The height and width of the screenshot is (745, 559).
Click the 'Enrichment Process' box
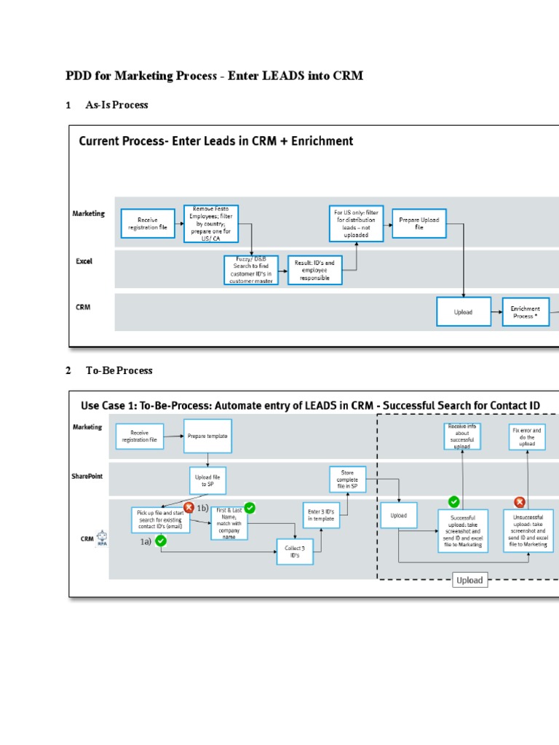click(525, 312)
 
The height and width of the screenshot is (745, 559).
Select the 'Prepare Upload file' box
click(420, 223)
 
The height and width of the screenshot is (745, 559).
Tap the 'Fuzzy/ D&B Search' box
click(250, 269)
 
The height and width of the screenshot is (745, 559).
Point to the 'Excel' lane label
click(84, 260)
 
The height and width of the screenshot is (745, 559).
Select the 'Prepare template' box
click(207, 436)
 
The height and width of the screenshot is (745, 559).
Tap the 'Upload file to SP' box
click(208, 479)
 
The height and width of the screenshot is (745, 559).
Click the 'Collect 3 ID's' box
click(297, 551)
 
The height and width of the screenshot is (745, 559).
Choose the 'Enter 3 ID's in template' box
click(322, 514)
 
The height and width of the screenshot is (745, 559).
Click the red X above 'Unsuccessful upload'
click(520, 502)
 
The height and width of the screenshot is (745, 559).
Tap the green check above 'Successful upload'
click(453, 501)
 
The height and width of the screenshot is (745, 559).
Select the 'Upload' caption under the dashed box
click(469, 580)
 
